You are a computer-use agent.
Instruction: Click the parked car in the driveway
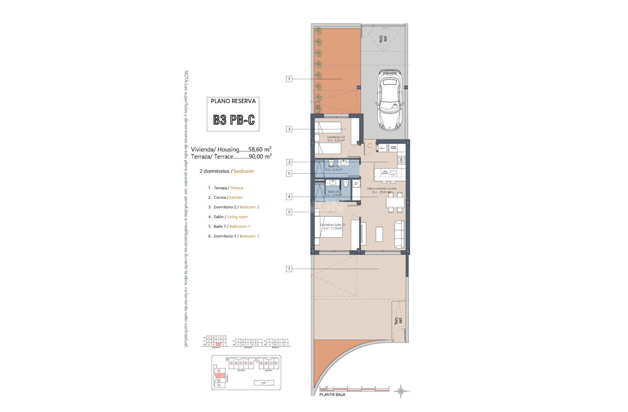(x=390, y=100)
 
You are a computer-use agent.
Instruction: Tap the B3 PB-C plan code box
(x=234, y=119)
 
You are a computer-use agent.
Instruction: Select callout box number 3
(x=289, y=129)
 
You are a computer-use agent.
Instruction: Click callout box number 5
(x=289, y=173)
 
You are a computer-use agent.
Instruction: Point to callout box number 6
(x=289, y=212)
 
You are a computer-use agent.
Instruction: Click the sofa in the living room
(x=399, y=233)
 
